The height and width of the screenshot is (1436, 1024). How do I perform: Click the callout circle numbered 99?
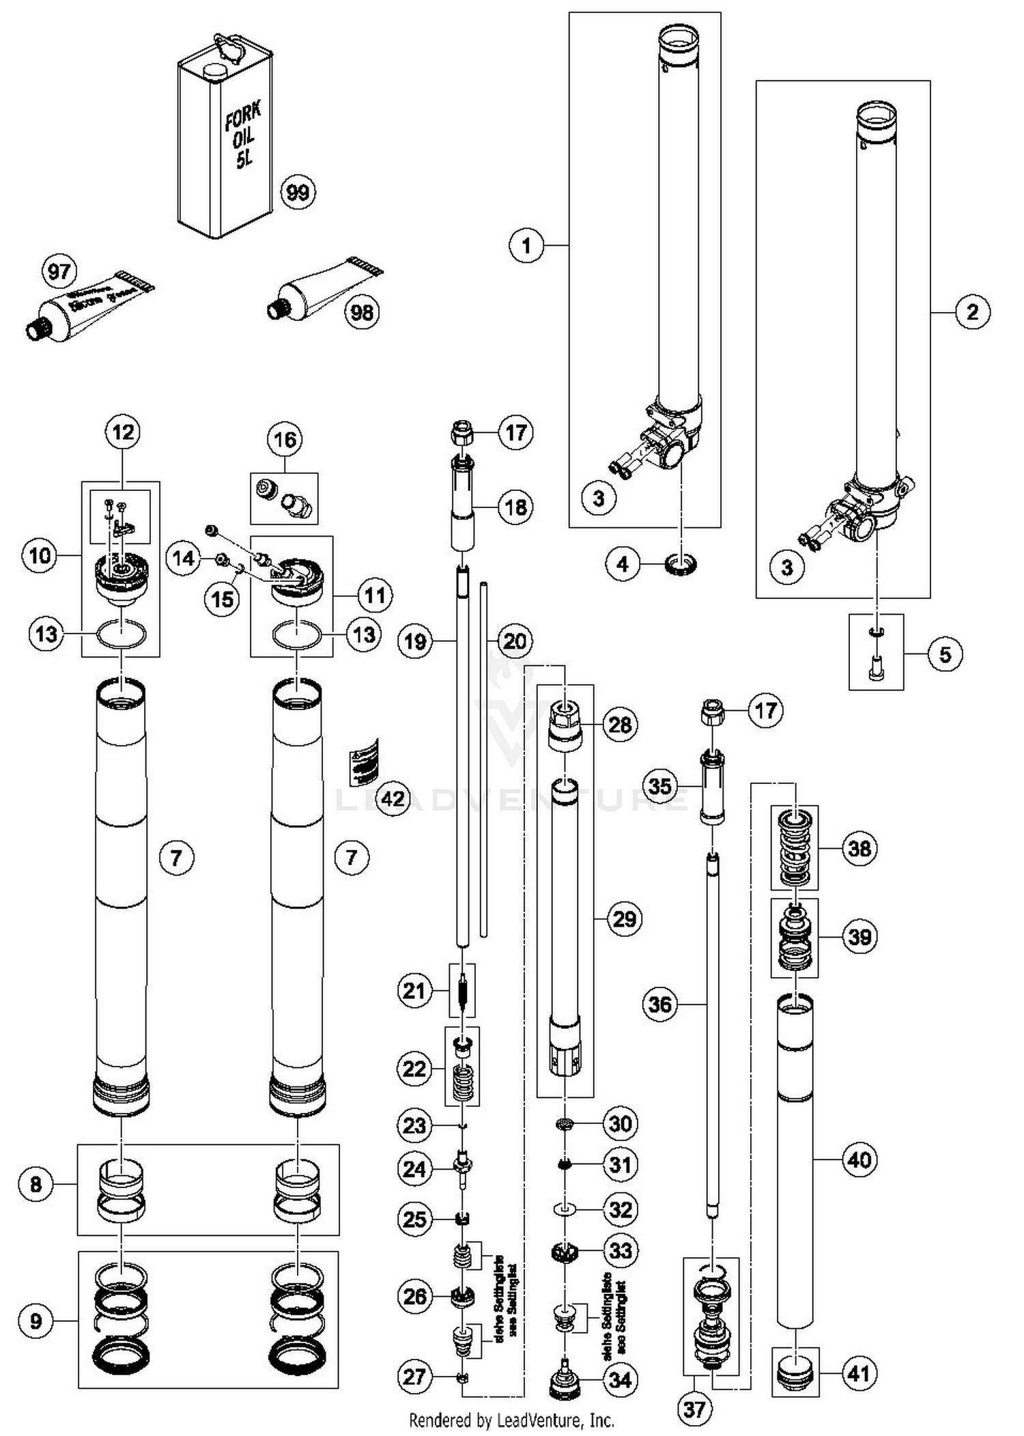tap(298, 193)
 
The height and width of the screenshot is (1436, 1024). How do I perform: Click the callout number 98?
tap(362, 313)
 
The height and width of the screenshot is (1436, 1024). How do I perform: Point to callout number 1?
tap(526, 245)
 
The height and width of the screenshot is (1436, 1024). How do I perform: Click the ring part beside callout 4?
tap(681, 565)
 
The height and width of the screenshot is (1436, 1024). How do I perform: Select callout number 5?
tap(945, 655)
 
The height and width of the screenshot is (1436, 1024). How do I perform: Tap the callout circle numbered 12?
tap(123, 432)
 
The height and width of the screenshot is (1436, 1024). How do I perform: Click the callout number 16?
tap(285, 440)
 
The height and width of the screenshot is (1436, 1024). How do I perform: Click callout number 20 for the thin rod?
tap(515, 641)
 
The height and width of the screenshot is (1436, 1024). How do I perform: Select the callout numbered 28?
tap(620, 724)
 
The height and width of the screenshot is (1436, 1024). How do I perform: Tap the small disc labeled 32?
tap(564, 1209)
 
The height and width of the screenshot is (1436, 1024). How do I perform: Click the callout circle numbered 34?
tap(620, 1380)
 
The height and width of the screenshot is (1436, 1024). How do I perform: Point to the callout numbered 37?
tap(694, 1409)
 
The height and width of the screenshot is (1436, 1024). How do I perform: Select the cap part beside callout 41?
tap(794, 1372)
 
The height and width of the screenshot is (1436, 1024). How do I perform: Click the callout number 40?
tap(859, 1159)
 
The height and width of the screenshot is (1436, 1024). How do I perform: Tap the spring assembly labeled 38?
tap(794, 847)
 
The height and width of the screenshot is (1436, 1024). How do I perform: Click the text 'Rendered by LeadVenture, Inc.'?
tap(511, 1421)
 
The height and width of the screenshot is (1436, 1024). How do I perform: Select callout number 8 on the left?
tap(36, 1184)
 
